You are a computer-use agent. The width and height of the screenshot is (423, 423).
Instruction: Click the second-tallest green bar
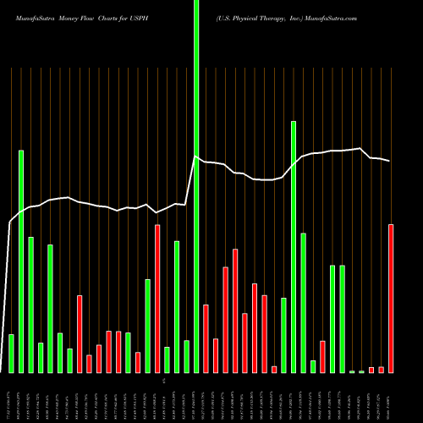294,245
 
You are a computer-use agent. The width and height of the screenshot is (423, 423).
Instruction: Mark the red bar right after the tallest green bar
206,338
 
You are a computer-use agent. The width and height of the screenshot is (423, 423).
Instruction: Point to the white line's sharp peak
196,157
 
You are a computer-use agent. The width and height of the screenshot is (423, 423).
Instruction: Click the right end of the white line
390,161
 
